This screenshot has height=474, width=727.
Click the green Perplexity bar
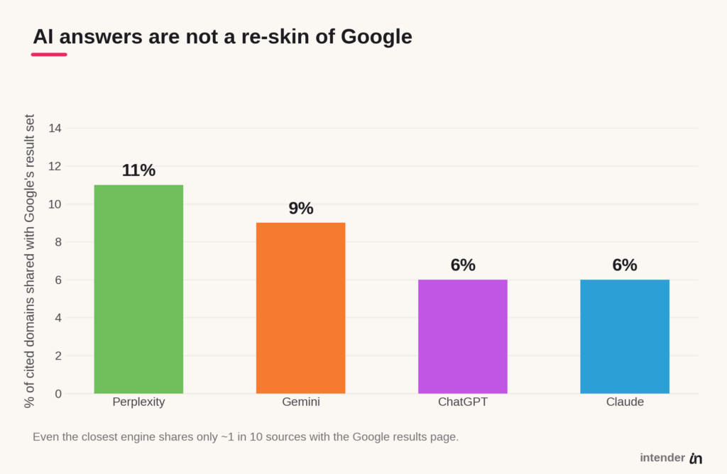tap(138, 289)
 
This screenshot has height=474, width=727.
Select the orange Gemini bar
tap(301, 308)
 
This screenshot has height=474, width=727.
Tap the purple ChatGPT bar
tap(463, 336)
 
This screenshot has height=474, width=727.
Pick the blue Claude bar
tap(625, 336)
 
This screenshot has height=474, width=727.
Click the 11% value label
tap(138, 170)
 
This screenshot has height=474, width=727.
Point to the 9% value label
tap(301, 209)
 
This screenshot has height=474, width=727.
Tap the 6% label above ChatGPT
tap(463, 265)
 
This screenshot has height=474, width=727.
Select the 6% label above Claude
tap(625, 265)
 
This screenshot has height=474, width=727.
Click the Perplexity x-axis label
tap(138, 402)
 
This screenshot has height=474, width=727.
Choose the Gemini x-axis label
tap(301, 402)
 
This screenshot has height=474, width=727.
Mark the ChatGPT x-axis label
tap(463, 402)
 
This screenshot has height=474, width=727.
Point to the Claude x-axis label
tap(625, 402)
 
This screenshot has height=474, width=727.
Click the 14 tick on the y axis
tap(55, 128)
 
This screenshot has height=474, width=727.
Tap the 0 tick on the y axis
tap(58, 394)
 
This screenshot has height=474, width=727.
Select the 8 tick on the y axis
tap(58, 242)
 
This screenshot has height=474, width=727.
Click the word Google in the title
tap(376, 37)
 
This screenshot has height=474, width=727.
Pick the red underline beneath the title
tap(49, 55)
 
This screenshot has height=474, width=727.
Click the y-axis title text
tap(29, 261)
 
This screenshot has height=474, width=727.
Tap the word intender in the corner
tap(662, 458)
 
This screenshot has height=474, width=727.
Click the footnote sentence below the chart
tap(246, 437)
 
